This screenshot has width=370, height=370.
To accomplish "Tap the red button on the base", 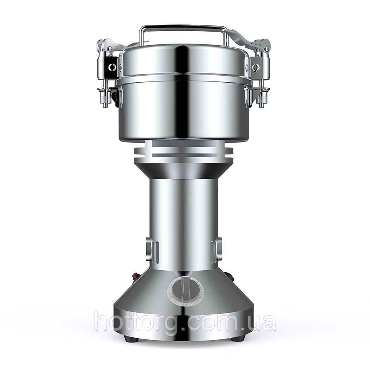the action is [x=136, y=275].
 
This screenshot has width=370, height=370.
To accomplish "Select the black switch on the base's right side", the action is [x=229, y=276].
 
